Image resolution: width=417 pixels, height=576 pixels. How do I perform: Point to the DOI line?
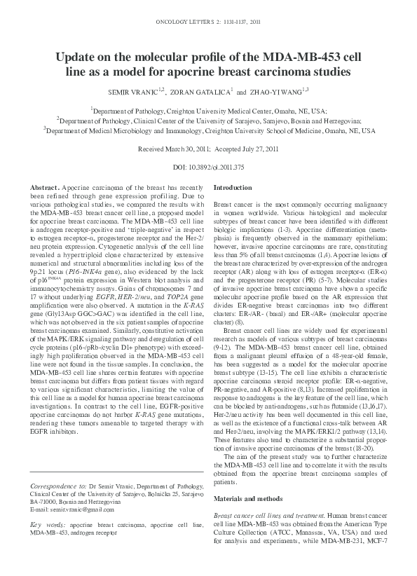(208, 167)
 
